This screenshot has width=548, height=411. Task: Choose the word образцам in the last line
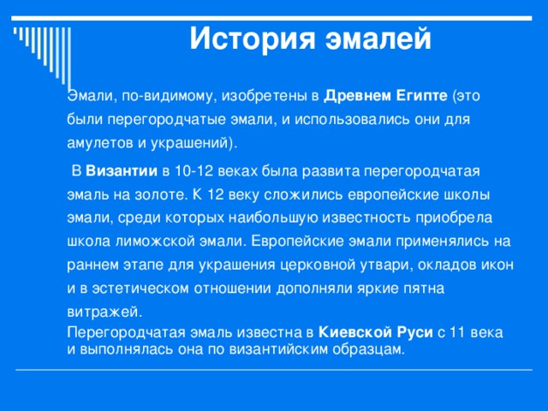365,348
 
